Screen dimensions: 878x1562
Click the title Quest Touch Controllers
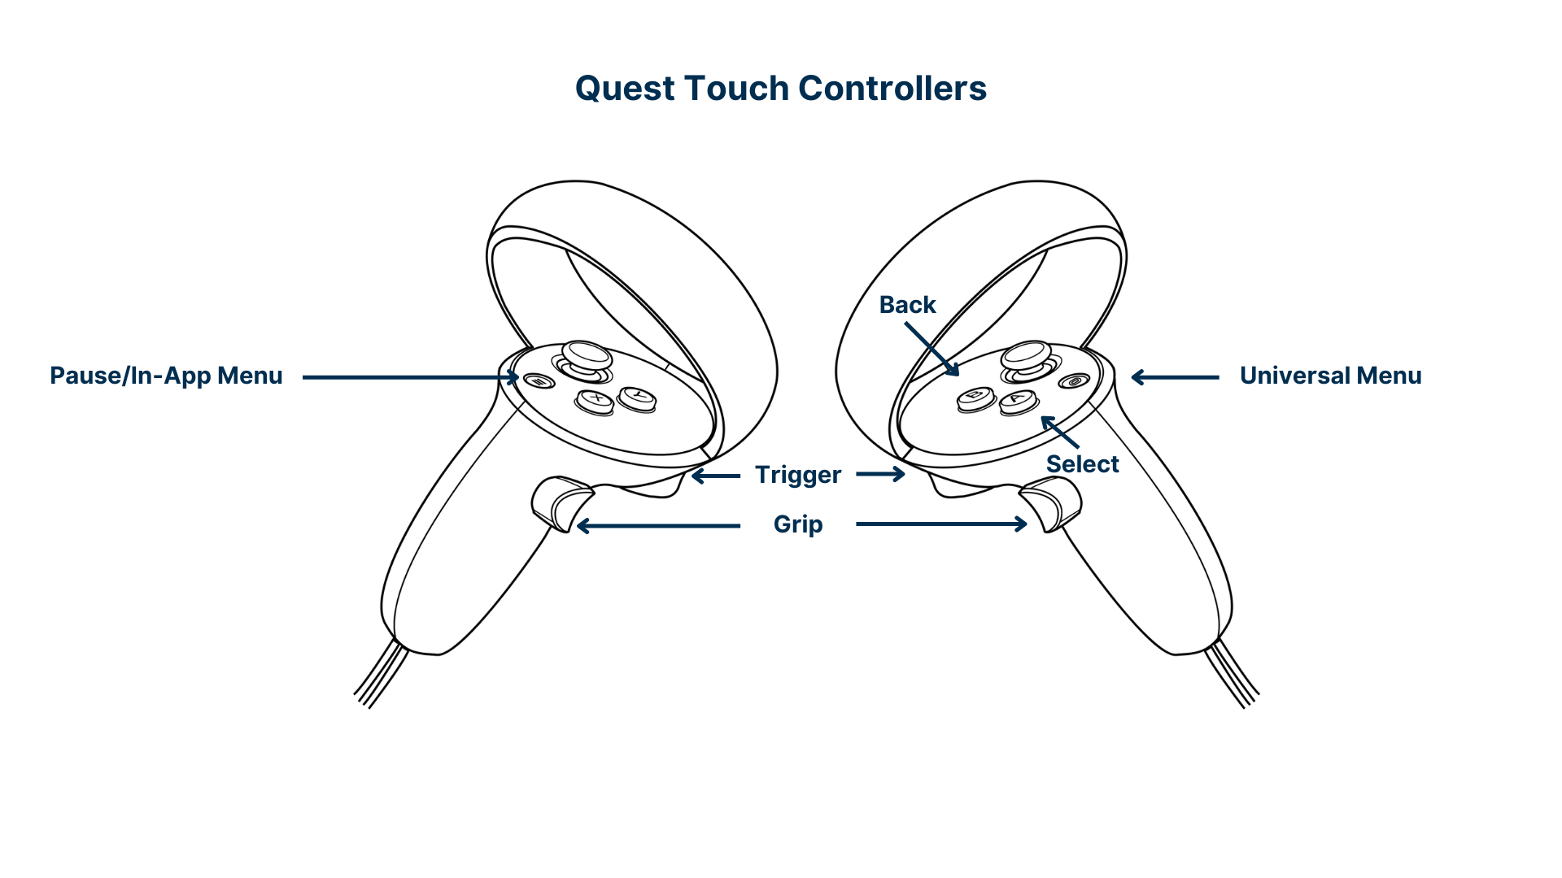pyautogui.click(x=780, y=89)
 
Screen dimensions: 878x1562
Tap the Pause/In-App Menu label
pyautogui.click(x=166, y=376)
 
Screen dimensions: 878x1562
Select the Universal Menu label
pyautogui.click(x=1330, y=376)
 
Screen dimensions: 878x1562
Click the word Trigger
pyautogui.click(x=797, y=475)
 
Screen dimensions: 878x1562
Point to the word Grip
pyautogui.click(x=797, y=524)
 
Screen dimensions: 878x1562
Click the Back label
pyautogui.click(x=907, y=305)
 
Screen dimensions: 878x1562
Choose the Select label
pyautogui.click(x=1082, y=464)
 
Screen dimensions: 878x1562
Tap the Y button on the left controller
pyautogui.click(x=637, y=397)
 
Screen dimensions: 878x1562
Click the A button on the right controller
pyautogui.click(x=1019, y=399)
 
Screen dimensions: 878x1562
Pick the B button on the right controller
pyautogui.click(x=975, y=397)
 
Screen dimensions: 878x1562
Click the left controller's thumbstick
pyautogui.click(x=587, y=356)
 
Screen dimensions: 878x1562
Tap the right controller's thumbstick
pyautogui.click(x=1027, y=355)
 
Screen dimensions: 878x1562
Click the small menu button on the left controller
pyautogui.click(x=538, y=380)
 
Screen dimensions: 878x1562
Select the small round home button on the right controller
pyautogui.click(x=1075, y=380)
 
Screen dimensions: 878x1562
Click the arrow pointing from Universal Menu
pyautogui.click(x=1175, y=377)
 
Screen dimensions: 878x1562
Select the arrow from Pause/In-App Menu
pyautogui.click(x=411, y=377)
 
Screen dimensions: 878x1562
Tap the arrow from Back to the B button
pyautogui.click(x=932, y=349)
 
